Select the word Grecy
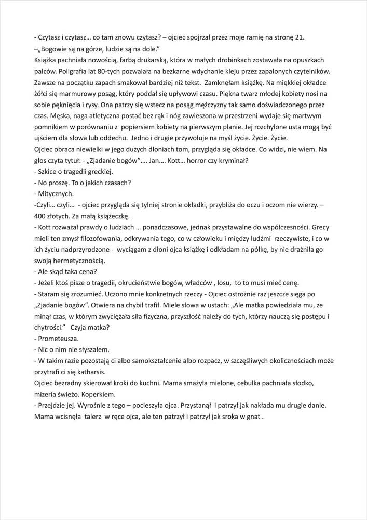coord(321,227)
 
